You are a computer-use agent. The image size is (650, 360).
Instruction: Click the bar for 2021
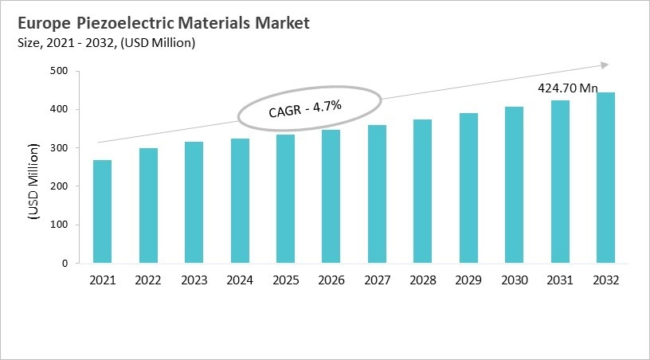(102, 211)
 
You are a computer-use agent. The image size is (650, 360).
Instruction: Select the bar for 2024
(240, 201)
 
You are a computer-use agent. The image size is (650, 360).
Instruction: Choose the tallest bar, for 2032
(606, 178)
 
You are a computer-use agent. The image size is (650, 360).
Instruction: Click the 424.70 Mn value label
(566, 88)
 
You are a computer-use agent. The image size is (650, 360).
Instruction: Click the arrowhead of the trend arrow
(605, 65)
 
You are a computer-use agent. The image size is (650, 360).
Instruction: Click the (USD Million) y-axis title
(34, 182)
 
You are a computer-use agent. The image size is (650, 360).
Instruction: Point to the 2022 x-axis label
(148, 280)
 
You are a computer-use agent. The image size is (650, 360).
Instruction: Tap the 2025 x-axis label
(285, 280)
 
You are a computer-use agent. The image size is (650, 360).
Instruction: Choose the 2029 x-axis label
(468, 280)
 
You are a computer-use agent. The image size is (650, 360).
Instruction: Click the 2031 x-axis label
(560, 280)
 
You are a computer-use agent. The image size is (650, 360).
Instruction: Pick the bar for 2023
(194, 202)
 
